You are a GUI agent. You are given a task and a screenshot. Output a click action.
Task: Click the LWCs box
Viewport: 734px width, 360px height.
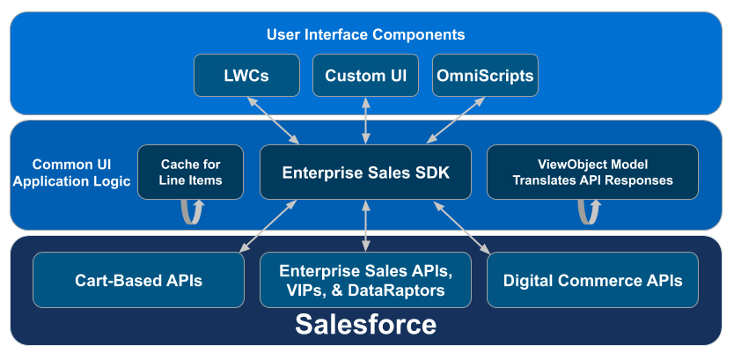[x=246, y=76]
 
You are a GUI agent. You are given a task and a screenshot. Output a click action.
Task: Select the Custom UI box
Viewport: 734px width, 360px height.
[x=365, y=76]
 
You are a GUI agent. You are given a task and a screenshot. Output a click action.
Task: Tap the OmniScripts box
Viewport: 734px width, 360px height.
[x=485, y=76]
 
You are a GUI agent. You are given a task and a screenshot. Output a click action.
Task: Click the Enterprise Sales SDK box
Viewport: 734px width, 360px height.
[x=365, y=173]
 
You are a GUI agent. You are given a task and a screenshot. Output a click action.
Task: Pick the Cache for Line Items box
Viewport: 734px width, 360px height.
[x=190, y=173]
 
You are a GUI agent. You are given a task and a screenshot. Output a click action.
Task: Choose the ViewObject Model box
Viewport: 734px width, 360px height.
[x=592, y=173]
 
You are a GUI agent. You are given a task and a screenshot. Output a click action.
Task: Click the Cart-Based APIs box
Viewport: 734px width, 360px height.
[x=138, y=280]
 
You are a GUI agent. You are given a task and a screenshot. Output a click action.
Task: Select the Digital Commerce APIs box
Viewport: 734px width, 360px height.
[x=592, y=280]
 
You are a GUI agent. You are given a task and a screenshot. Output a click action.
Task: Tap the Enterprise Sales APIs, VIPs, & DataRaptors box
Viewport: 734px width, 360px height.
[x=365, y=280]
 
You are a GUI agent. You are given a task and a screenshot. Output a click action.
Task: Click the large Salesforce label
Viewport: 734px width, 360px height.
[x=365, y=325]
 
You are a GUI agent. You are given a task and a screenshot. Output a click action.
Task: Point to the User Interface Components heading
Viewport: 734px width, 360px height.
[x=365, y=34]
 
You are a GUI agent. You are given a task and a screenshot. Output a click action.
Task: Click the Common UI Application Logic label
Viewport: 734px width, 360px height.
[x=71, y=173]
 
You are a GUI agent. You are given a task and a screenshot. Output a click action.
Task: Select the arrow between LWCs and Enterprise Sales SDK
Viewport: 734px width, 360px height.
[x=273, y=121]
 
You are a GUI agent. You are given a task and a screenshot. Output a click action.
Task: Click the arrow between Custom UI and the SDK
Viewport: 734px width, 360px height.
[x=365, y=121]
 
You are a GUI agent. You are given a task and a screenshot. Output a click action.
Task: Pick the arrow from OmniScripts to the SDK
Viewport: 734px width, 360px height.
[x=456, y=120]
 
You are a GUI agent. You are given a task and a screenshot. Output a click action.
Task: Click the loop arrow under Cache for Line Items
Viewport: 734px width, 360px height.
[x=193, y=212]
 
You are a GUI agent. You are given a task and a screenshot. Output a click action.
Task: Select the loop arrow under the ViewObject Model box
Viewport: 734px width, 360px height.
[x=589, y=212]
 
